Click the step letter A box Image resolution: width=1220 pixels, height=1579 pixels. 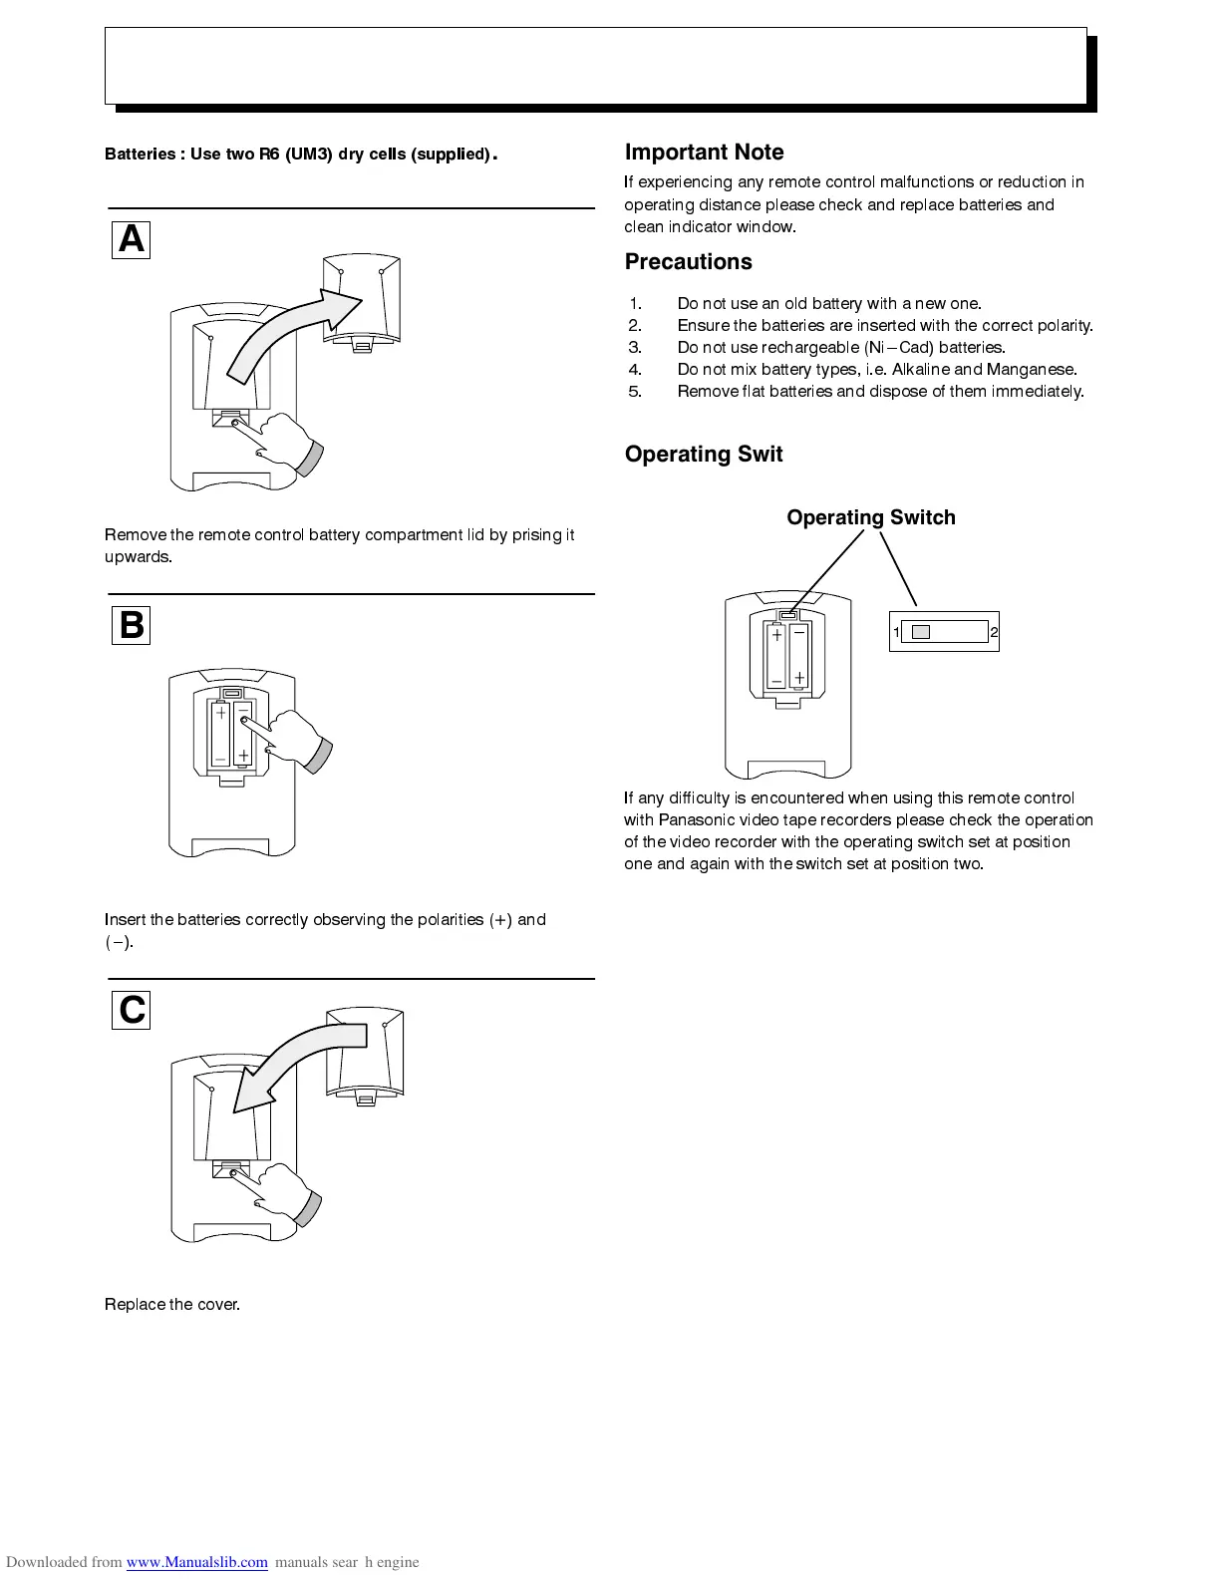[x=131, y=239]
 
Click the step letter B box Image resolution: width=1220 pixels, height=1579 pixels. [x=131, y=625]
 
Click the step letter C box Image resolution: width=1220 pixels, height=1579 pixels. [x=131, y=1010]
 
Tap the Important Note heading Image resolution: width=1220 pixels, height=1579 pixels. [x=704, y=153]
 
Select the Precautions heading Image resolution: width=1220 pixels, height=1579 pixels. [x=688, y=262]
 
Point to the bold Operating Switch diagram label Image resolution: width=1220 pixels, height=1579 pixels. [x=870, y=517]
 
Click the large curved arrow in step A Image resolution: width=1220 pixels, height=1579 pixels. [x=289, y=334]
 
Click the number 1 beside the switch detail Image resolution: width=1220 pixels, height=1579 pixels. [x=896, y=632]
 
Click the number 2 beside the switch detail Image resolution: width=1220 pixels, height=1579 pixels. [x=994, y=632]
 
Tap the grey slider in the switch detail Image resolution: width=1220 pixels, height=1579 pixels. [x=921, y=632]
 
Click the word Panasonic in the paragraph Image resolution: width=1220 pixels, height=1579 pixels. [x=699, y=820]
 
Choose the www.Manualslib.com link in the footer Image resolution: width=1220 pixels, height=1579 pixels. [x=196, y=1562]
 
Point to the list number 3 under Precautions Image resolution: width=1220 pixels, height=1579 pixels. [x=635, y=348]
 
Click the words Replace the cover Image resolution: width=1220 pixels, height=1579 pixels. [x=172, y=1305]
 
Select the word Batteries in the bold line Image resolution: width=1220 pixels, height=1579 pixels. [x=140, y=155]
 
